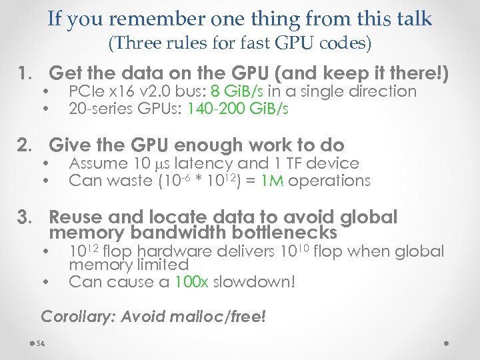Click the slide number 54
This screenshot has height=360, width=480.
[41, 343]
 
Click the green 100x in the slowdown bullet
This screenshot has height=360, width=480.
[193, 281]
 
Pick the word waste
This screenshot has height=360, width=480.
[127, 181]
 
